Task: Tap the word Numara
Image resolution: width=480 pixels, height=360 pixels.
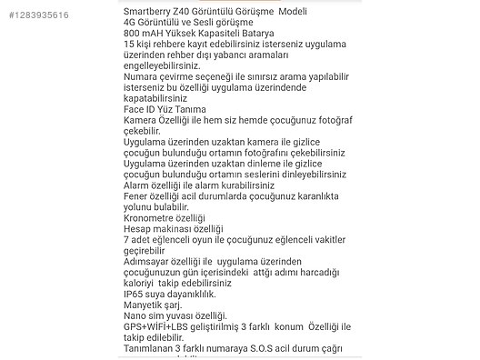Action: pyautogui.click(x=143, y=76)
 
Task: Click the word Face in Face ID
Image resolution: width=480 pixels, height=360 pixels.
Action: pyautogui.click(x=134, y=110)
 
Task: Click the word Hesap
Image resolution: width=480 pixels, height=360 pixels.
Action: pyautogui.click(x=137, y=229)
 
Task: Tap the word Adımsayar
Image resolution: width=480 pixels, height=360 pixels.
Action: pyautogui.click(x=149, y=261)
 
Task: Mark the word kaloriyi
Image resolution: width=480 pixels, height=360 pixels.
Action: pyautogui.click(x=140, y=283)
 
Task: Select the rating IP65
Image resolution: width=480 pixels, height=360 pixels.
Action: pyautogui.click(x=134, y=294)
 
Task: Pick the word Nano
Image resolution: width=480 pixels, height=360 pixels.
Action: pyautogui.click(x=135, y=315)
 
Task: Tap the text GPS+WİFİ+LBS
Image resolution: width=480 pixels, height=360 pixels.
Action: pyautogui.click(x=158, y=326)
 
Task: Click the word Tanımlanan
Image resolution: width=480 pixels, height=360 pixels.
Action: pyautogui.click(x=150, y=348)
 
